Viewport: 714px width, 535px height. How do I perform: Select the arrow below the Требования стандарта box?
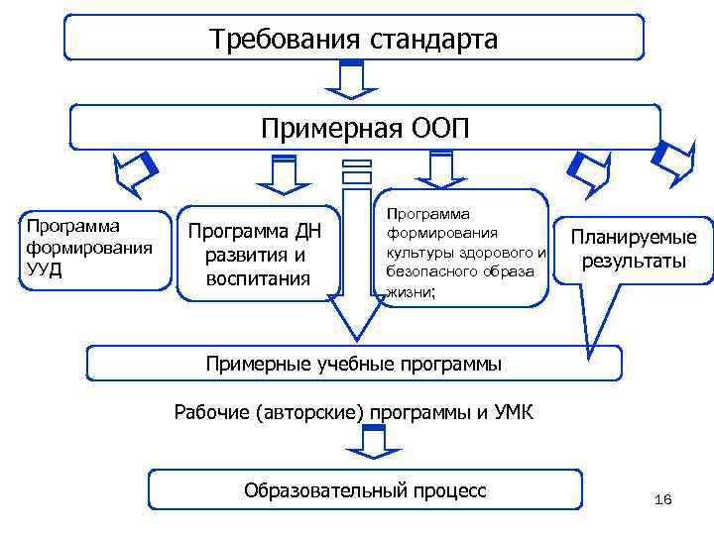pos(350,80)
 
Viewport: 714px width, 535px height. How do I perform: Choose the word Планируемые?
pos(633,237)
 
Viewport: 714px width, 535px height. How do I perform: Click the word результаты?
pos(633,262)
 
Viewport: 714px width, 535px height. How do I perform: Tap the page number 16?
pos(662,499)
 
